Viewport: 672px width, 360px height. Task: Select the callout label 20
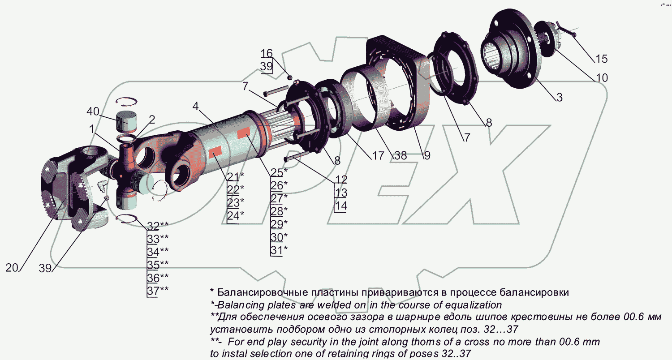[x=13, y=268]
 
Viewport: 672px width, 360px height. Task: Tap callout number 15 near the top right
[x=601, y=59]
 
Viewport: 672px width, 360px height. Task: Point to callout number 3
[x=559, y=97]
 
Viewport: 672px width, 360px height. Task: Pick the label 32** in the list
[x=158, y=225]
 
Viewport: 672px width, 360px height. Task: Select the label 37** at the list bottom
[x=158, y=290]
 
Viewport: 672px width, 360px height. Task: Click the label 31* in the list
[x=279, y=250]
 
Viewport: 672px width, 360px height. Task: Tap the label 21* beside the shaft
[x=235, y=176]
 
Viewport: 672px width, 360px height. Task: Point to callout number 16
[x=266, y=53]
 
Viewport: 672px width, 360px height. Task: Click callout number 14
[x=341, y=206]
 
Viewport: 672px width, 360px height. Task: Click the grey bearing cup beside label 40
[x=126, y=121]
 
